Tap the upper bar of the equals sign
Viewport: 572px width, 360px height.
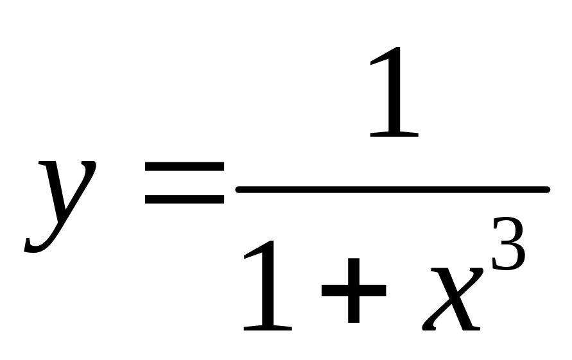point(184,166)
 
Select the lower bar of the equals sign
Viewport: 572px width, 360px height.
point(184,199)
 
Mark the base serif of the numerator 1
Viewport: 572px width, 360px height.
point(394,134)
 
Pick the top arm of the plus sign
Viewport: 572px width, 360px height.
point(353,266)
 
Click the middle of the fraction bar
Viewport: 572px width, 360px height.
point(393,189)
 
